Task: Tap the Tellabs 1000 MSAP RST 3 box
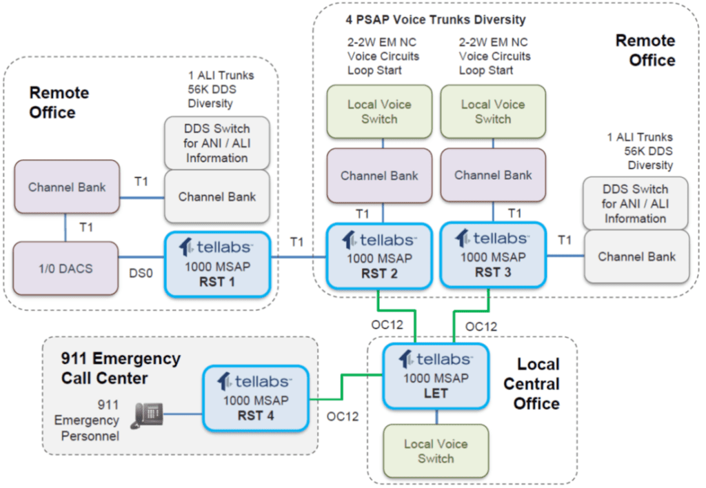pyautogui.click(x=492, y=255)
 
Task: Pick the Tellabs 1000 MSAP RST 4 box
pyautogui.click(x=254, y=399)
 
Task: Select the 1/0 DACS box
pyautogui.click(x=66, y=268)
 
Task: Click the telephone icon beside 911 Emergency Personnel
pyautogui.click(x=148, y=415)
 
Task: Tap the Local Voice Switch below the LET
pyautogui.click(x=435, y=451)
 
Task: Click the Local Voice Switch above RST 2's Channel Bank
pyautogui.click(x=379, y=112)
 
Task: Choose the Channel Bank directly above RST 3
pyautogui.click(x=492, y=175)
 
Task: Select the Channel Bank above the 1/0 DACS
pyautogui.click(x=66, y=187)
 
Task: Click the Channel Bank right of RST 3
pyautogui.click(x=636, y=256)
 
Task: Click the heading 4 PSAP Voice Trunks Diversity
pyautogui.click(x=435, y=19)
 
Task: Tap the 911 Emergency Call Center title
pyautogui.click(x=121, y=368)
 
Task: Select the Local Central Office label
pyautogui.click(x=538, y=383)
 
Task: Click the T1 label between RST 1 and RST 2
pyautogui.click(x=296, y=242)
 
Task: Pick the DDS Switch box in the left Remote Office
pyautogui.click(x=216, y=143)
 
